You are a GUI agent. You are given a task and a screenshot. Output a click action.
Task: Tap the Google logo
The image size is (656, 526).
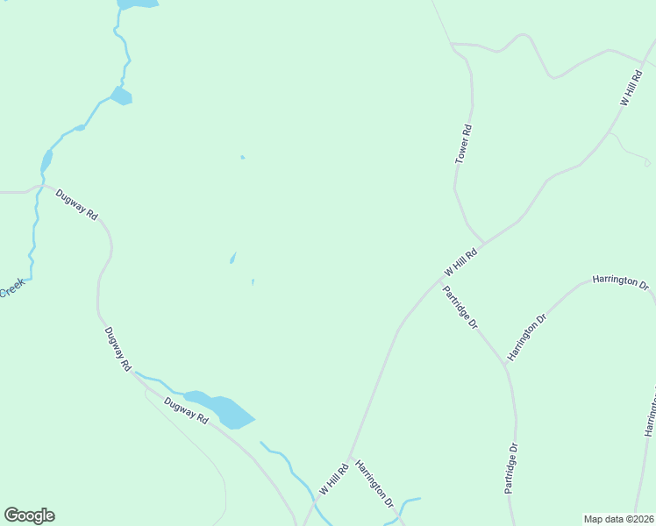tap(29, 515)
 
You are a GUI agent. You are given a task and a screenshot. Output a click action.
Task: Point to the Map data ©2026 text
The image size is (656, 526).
tap(618, 519)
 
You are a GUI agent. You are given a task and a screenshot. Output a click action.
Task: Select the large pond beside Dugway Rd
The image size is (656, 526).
tap(225, 409)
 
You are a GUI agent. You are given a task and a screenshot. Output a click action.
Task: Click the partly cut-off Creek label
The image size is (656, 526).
tap(12, 288)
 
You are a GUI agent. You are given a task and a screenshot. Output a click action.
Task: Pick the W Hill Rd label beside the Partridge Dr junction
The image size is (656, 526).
tap(460, 261)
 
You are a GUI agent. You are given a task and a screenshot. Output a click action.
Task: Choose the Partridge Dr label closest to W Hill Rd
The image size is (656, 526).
tap(460, 308)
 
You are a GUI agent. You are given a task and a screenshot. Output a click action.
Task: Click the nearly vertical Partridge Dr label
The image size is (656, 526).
tap(511, 469)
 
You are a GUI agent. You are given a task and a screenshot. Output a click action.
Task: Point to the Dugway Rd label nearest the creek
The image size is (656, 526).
tap(76, 203)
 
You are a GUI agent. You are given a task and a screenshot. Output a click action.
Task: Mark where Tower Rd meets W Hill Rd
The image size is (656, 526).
tap(483, 241)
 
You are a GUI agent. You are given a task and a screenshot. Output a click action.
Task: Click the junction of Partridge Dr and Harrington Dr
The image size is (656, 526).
tap(506, 364)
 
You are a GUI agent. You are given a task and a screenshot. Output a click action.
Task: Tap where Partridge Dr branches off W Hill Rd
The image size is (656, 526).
tap(439, 282)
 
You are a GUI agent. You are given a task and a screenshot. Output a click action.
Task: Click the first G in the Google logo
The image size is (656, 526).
tap(11, 515)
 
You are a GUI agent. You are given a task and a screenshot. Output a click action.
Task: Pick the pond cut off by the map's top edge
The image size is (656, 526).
tap(138, 4)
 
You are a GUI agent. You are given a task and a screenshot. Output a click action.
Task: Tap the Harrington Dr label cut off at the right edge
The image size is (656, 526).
tap(650, 412)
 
